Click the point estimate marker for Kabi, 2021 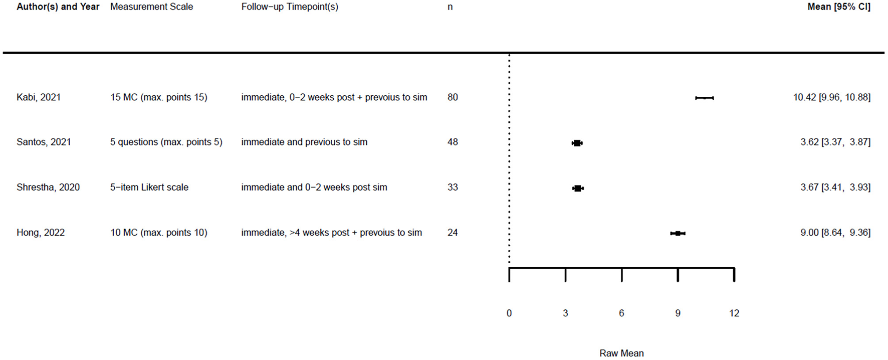705,98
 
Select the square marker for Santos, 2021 577,143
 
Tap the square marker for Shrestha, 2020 578,188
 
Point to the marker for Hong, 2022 678,233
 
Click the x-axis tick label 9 678,313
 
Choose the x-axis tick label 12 734,313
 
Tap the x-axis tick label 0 509,313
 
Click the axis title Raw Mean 621,353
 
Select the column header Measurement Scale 151,7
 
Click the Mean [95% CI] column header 838,7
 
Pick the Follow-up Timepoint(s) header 290,7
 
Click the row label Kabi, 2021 39,97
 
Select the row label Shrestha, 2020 48,188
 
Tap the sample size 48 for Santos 453,142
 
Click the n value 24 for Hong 453,233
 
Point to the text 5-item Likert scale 149,188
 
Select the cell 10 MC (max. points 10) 158,233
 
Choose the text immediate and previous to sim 304,142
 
